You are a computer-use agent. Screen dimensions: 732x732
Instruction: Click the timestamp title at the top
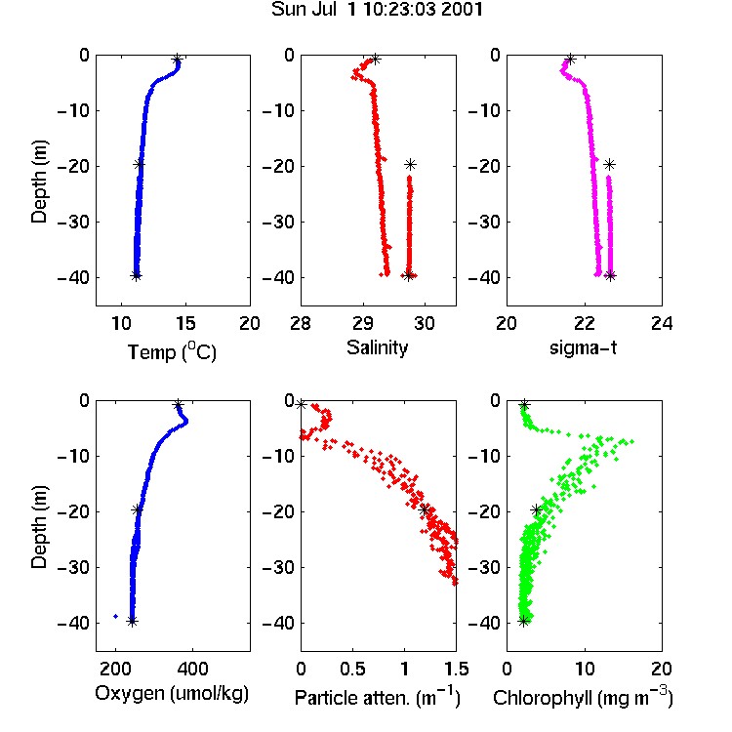pos(377,10)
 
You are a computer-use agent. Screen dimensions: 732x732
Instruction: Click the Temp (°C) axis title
pos(172,351)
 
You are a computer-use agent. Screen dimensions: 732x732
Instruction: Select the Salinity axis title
pos(377,347)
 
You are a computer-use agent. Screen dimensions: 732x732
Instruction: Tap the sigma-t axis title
pos(583,347)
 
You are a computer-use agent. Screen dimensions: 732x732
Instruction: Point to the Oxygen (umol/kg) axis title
pos(172,694)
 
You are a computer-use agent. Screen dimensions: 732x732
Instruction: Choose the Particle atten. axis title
pos(378,697)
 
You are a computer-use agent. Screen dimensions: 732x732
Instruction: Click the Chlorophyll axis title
pos(583,697)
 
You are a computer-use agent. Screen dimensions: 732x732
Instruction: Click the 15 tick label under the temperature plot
pos(185,323)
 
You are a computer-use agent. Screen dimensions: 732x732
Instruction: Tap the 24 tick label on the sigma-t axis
pos(662,323)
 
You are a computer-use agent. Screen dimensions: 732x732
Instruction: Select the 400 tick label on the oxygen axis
pos(193,669)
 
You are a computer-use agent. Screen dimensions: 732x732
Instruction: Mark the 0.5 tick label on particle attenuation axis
pos(352,669)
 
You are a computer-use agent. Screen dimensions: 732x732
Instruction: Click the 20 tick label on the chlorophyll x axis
pos(662,669)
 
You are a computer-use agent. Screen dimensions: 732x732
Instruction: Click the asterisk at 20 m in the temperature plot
pos(139,164)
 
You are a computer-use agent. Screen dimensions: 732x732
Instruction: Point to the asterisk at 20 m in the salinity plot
pos(410,164)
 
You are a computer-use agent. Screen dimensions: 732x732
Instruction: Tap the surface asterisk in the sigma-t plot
pos(570,60)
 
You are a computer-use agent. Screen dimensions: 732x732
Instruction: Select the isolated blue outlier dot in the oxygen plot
pos(116,616)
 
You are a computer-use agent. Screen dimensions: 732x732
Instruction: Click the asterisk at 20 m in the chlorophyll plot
pos(537,509)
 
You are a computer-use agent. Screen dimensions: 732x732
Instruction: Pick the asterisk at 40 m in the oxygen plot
pos(132,621)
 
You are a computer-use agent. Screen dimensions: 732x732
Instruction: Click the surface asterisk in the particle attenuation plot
pos(302,404)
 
